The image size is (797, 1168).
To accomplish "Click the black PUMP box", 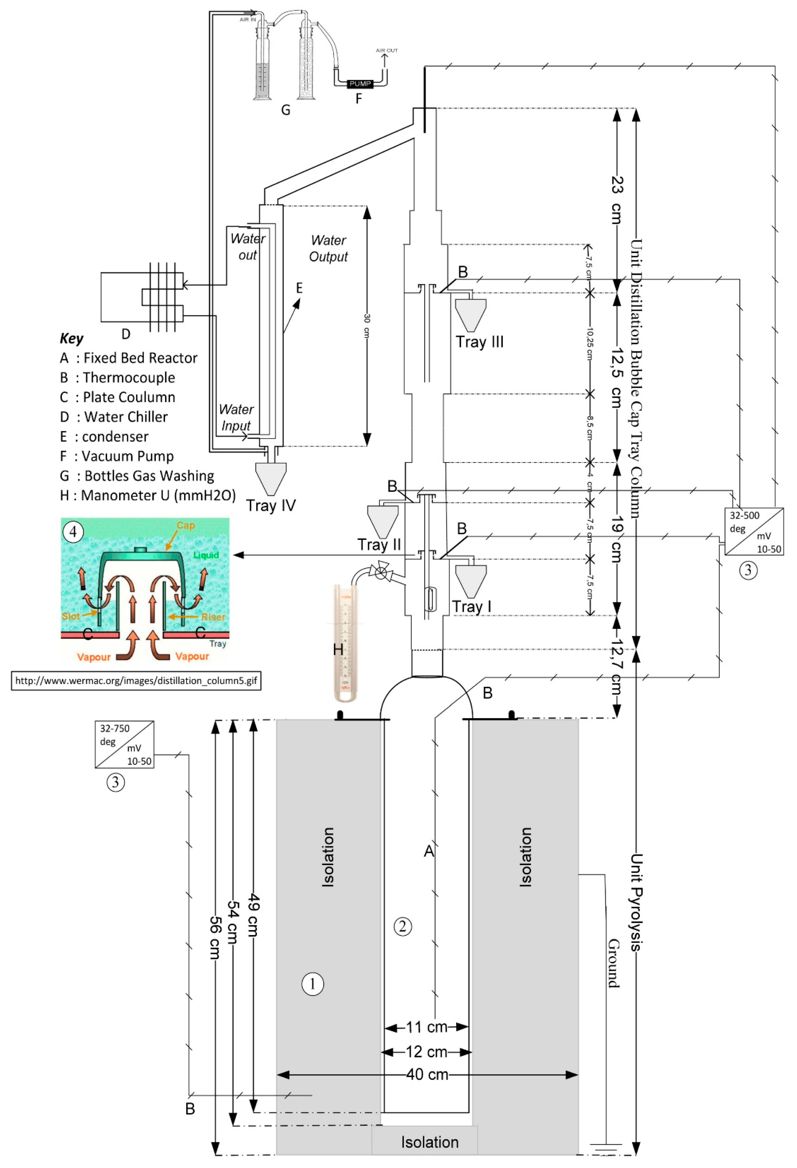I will pos(360,83).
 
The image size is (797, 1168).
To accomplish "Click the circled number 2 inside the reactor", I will pos(402,926).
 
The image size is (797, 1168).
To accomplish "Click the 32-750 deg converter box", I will pos(124,744).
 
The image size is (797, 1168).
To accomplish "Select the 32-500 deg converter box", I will pos(754,531).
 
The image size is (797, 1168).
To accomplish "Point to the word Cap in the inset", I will pos(185,525).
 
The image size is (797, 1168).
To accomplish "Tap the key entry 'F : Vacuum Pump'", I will pos(117,456).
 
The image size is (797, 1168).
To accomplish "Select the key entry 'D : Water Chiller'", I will pos(114,417).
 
